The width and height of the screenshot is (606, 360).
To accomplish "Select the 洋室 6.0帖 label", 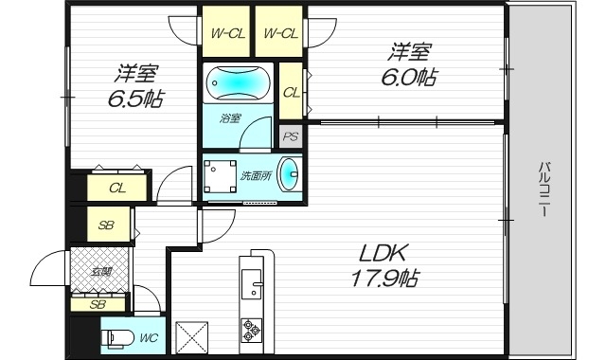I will (x=410, y=63).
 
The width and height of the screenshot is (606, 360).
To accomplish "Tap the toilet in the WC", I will (x=118, y=336).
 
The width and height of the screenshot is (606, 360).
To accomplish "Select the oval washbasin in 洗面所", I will (x=292, y=175).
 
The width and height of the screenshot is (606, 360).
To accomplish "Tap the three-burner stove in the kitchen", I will (x=252, y=331).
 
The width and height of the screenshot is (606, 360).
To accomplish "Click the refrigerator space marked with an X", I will (x=192, y=335).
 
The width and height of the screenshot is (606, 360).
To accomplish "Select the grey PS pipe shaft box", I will (x=292, y=136).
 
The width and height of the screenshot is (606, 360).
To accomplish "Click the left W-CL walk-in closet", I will (x=227, y=33).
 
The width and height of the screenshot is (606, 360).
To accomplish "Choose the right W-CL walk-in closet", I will (x=280, y=33).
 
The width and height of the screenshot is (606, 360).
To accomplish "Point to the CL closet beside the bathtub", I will (x=291, y=92).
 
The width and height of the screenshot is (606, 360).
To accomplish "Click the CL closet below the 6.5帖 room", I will (x=117, y=188).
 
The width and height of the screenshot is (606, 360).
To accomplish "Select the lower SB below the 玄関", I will (x=98, y=304).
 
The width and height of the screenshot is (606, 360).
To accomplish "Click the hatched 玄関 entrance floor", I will (x=100, y=269).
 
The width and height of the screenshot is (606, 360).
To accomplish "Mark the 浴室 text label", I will (x=231, y=118).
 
